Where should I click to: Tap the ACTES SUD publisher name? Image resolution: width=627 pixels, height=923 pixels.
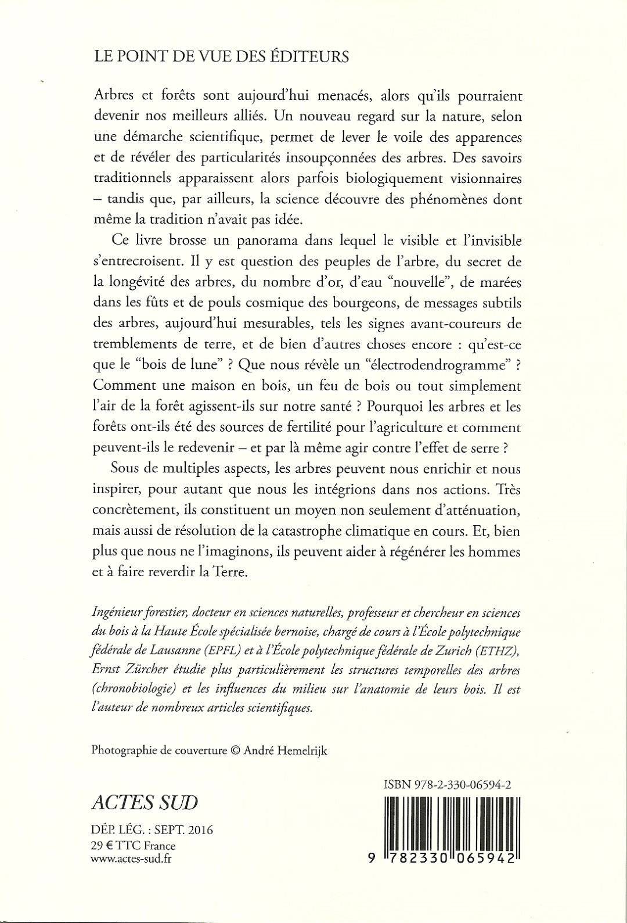145,802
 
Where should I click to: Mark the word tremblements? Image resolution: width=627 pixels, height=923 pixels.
136,344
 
